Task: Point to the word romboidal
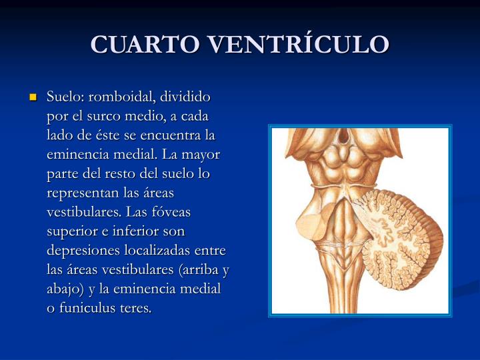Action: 121,97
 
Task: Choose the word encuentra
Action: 170,135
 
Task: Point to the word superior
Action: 73,231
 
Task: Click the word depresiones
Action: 82,251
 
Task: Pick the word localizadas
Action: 164,251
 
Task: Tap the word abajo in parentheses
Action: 66,289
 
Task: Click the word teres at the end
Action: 137,308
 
